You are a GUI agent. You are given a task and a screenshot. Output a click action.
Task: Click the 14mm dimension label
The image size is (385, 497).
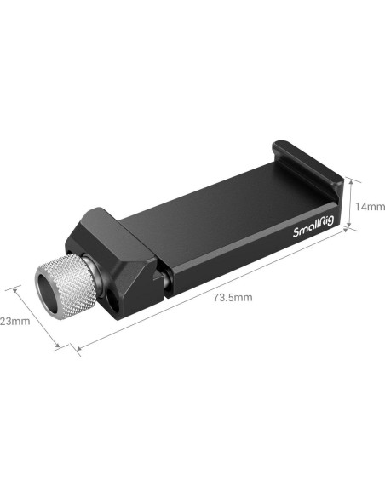coord(370,207)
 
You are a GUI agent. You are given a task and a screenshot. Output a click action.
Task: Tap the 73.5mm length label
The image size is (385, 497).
coord(233,298)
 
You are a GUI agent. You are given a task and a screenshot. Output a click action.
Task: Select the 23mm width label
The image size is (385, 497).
coord(14,321)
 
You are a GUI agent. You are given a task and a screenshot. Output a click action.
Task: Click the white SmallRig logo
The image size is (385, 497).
coord(313,226)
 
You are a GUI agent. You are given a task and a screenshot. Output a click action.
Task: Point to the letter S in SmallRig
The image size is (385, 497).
coord(296,233)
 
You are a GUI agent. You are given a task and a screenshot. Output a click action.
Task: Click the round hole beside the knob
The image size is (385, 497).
coord(113,300)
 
